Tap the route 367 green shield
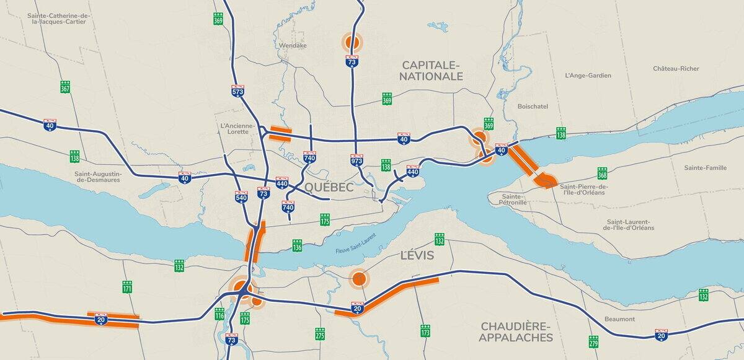tap(65, 87)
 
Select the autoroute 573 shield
tap(237, 90)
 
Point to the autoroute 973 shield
tap(356, 160)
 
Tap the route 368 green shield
tap(602, 173)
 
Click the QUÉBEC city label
tap(329, 187)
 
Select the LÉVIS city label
tap(417, 256)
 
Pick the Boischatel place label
tap(533, 107)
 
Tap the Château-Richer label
tap(676, 69)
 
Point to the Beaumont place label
tap(620, 319)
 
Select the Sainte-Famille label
tap(705, 168)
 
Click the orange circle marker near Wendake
tap(352, 42)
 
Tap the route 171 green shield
tap(127, 286)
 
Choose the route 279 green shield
tap(593, 341)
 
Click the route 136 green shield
tap(297, 247)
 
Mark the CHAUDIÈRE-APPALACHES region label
tap(515, 332)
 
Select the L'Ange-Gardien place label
tap(588, 76)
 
